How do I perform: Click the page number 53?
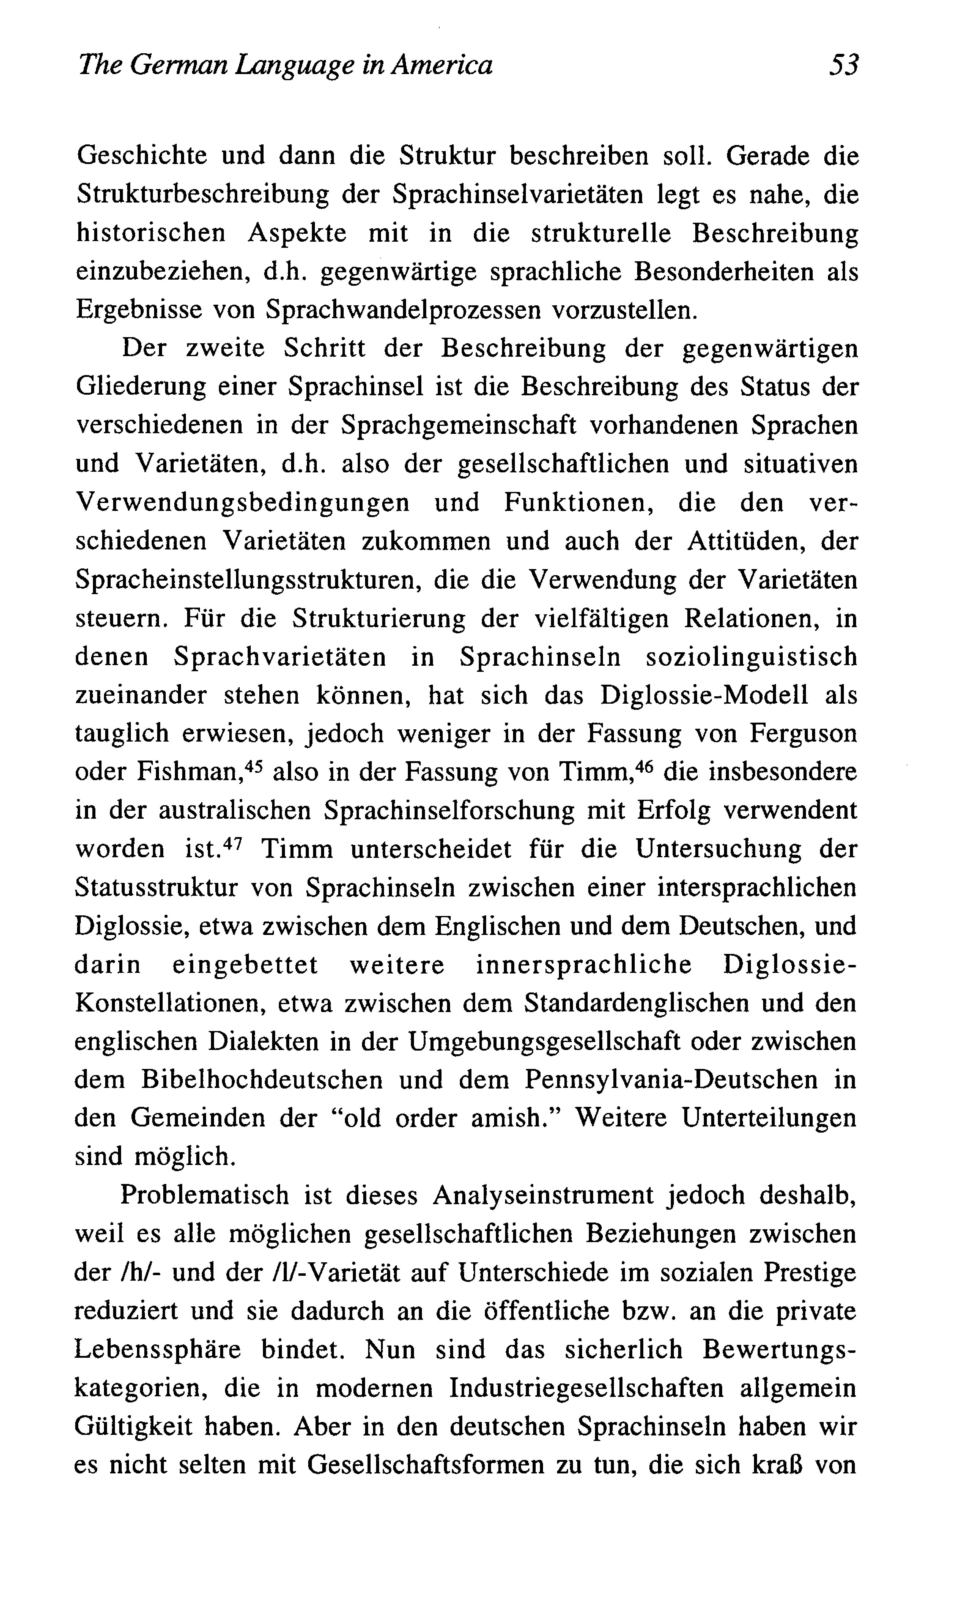843,65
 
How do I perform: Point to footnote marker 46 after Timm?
641,765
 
